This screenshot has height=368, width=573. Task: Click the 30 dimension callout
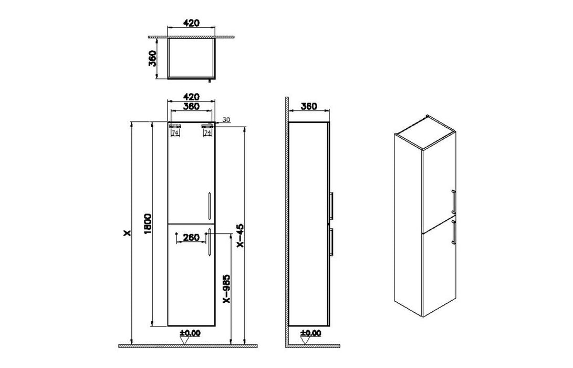(226, 120)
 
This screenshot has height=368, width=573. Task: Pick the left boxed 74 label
(174, 134)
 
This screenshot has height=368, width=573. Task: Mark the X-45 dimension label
(240, 236)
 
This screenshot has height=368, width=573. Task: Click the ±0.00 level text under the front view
(190, 333)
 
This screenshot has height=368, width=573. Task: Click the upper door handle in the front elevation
(209, 205)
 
